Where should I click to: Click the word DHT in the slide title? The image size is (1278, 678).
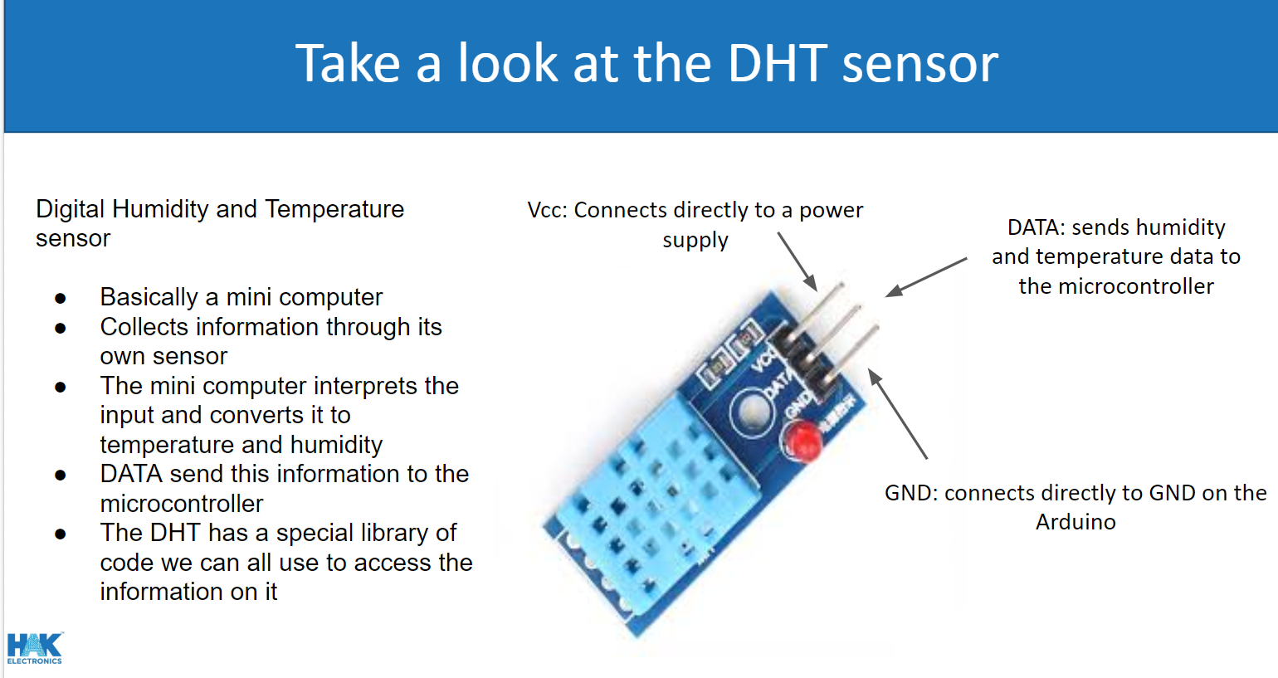coord(778,63)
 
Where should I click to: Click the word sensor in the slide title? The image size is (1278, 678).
coord(920,68)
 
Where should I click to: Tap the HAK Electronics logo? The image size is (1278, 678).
coord(35,648)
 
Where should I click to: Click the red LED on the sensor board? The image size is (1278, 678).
coord(802,440)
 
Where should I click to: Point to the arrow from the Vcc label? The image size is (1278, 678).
coord(797,262)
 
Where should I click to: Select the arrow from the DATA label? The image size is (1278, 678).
coord(926,277)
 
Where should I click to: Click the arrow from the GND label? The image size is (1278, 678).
coord(898,414)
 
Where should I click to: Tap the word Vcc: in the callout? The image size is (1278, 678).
coord(547,210)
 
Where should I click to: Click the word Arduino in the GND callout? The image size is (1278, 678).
coord(1076,522)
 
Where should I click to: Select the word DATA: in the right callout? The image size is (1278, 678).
coord(1036,227)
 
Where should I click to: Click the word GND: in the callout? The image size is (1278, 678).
coord(911,492)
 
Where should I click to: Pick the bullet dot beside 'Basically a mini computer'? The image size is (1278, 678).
coord(61,299)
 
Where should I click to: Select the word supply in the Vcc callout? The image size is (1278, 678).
coord(695,241)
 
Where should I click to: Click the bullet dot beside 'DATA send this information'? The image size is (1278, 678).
coord(61,476)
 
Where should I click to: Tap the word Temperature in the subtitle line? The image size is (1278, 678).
coord(334,209)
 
